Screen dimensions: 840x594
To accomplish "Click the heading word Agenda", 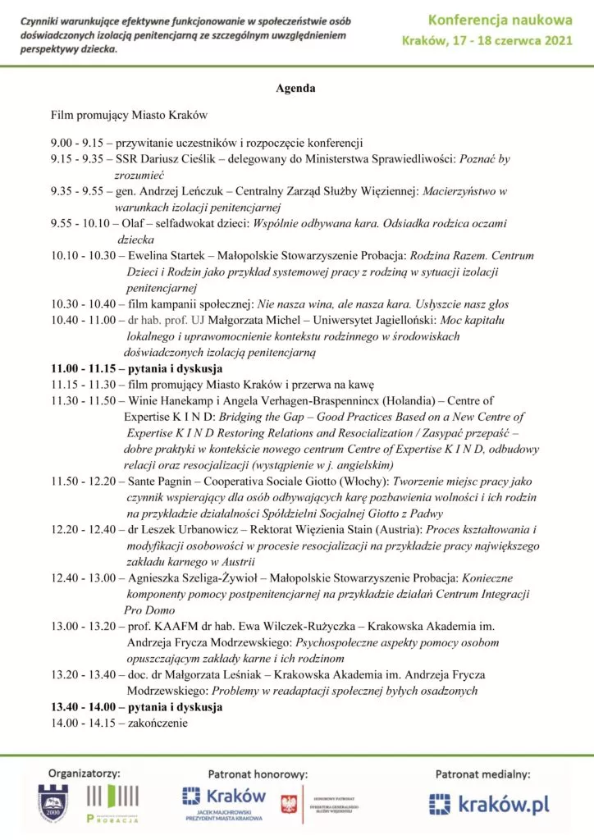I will click(295, 88).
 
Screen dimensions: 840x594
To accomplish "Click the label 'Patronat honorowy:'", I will click(258, 773).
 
